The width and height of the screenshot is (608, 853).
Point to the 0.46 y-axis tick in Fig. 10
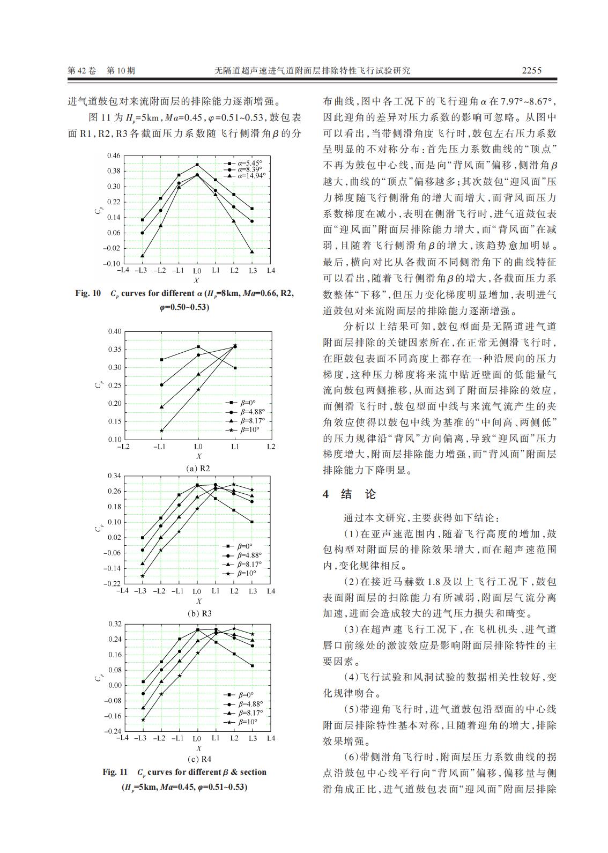[x=114, y=155]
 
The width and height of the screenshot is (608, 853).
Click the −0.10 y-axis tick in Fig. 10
[x=112, y=263]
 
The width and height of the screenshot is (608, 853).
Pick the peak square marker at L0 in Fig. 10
[x=197, y=165]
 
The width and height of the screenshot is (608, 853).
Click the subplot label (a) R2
[x=198, y=468]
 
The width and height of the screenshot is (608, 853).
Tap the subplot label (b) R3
[x=198, y=613]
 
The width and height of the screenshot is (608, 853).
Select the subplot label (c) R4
[x=198, y=759]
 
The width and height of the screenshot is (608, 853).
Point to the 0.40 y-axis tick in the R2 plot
[x=115, y=331]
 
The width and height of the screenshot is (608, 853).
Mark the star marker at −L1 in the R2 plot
[x=162, y=431]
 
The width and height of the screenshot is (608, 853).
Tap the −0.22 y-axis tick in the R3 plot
[x=113, y=583]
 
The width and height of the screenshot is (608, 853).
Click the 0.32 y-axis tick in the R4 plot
[x=115, y=624]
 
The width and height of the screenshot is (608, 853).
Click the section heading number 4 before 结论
[x=325, y=494]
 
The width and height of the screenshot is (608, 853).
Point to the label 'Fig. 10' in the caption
[x=88, y=293]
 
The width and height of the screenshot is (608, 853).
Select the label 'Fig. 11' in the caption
[x=115, y=772]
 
